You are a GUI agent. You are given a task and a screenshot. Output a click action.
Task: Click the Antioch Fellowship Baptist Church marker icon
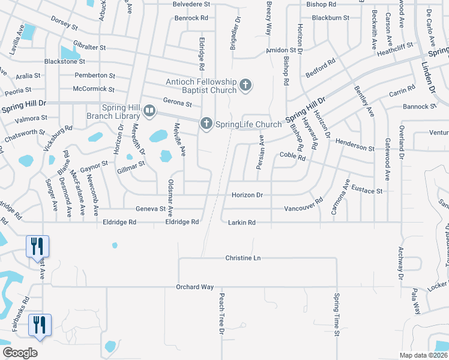[x=245, y=86]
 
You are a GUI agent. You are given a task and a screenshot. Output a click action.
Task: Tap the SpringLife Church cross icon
[x=206, y=124]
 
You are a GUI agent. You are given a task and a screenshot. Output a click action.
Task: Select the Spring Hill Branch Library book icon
[x=149, y=111]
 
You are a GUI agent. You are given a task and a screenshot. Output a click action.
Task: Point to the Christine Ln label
[x=243, y=258]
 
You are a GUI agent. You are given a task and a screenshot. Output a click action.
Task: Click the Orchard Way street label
[x=195, y=287]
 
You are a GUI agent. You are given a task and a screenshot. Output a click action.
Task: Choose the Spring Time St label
[x=337, y=315]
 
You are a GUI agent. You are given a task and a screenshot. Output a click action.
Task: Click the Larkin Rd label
[x=242, y=223]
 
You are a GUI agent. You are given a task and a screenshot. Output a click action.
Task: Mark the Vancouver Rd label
[x=304, y=209]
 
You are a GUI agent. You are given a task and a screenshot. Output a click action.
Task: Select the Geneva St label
[x=151, y=209]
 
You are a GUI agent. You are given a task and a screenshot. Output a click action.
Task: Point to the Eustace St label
[x=367, y=191]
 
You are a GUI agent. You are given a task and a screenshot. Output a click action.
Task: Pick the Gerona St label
[x=177, y=103]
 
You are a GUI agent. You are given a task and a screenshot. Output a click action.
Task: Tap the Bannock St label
[x=420, y=107]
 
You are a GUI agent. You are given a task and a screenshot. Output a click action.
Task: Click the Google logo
[x=20, y=353]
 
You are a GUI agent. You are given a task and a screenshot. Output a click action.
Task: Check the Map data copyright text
[x=424, y=355]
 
